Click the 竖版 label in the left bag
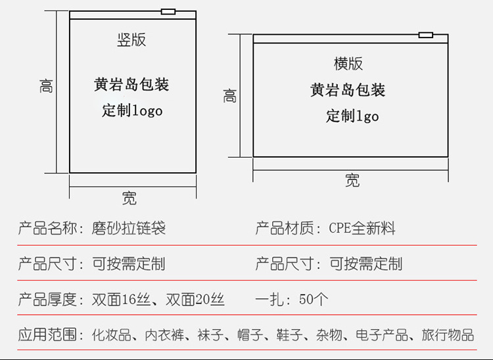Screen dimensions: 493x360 (131, 39)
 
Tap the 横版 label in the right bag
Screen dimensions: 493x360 (348, 64)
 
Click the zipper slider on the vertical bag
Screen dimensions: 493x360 (168, 11)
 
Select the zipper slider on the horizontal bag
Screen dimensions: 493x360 (425, 34)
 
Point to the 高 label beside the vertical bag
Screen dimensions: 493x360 (46, 86)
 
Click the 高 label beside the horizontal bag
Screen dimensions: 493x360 (229, 96)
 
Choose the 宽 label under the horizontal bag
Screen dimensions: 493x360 (352, 181)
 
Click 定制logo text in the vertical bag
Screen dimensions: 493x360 (132, 110)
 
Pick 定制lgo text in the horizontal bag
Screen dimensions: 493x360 (352, 116)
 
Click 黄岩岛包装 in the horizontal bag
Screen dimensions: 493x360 (348, 90)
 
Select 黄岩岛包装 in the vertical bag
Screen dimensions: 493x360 (131, 85)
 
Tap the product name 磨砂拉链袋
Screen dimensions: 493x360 (129, 229)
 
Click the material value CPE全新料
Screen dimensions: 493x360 (362, 229)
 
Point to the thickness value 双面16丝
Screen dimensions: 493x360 (120, 300)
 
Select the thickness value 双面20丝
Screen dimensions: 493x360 (195, 300)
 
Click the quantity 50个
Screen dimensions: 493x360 (313, 300)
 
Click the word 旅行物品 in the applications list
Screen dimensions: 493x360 (448, 335)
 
